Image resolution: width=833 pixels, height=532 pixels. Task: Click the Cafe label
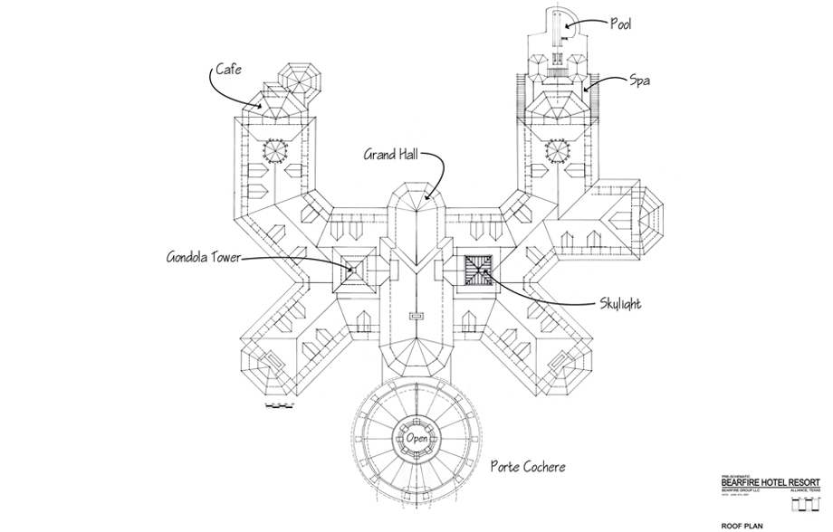tap(227, 69)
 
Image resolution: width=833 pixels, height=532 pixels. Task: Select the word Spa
tap(641, 81)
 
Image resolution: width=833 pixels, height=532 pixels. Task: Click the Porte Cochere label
tap(529, 468)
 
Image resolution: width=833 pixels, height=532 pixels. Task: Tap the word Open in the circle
tap(416, 440)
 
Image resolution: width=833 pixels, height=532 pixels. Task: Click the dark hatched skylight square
tap(478, 269)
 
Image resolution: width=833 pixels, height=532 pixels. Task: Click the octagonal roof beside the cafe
tap(297, 80)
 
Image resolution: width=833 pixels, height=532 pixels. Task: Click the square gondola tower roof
tap(356, 269)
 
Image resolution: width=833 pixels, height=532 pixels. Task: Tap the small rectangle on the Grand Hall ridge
tap(416, 316)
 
